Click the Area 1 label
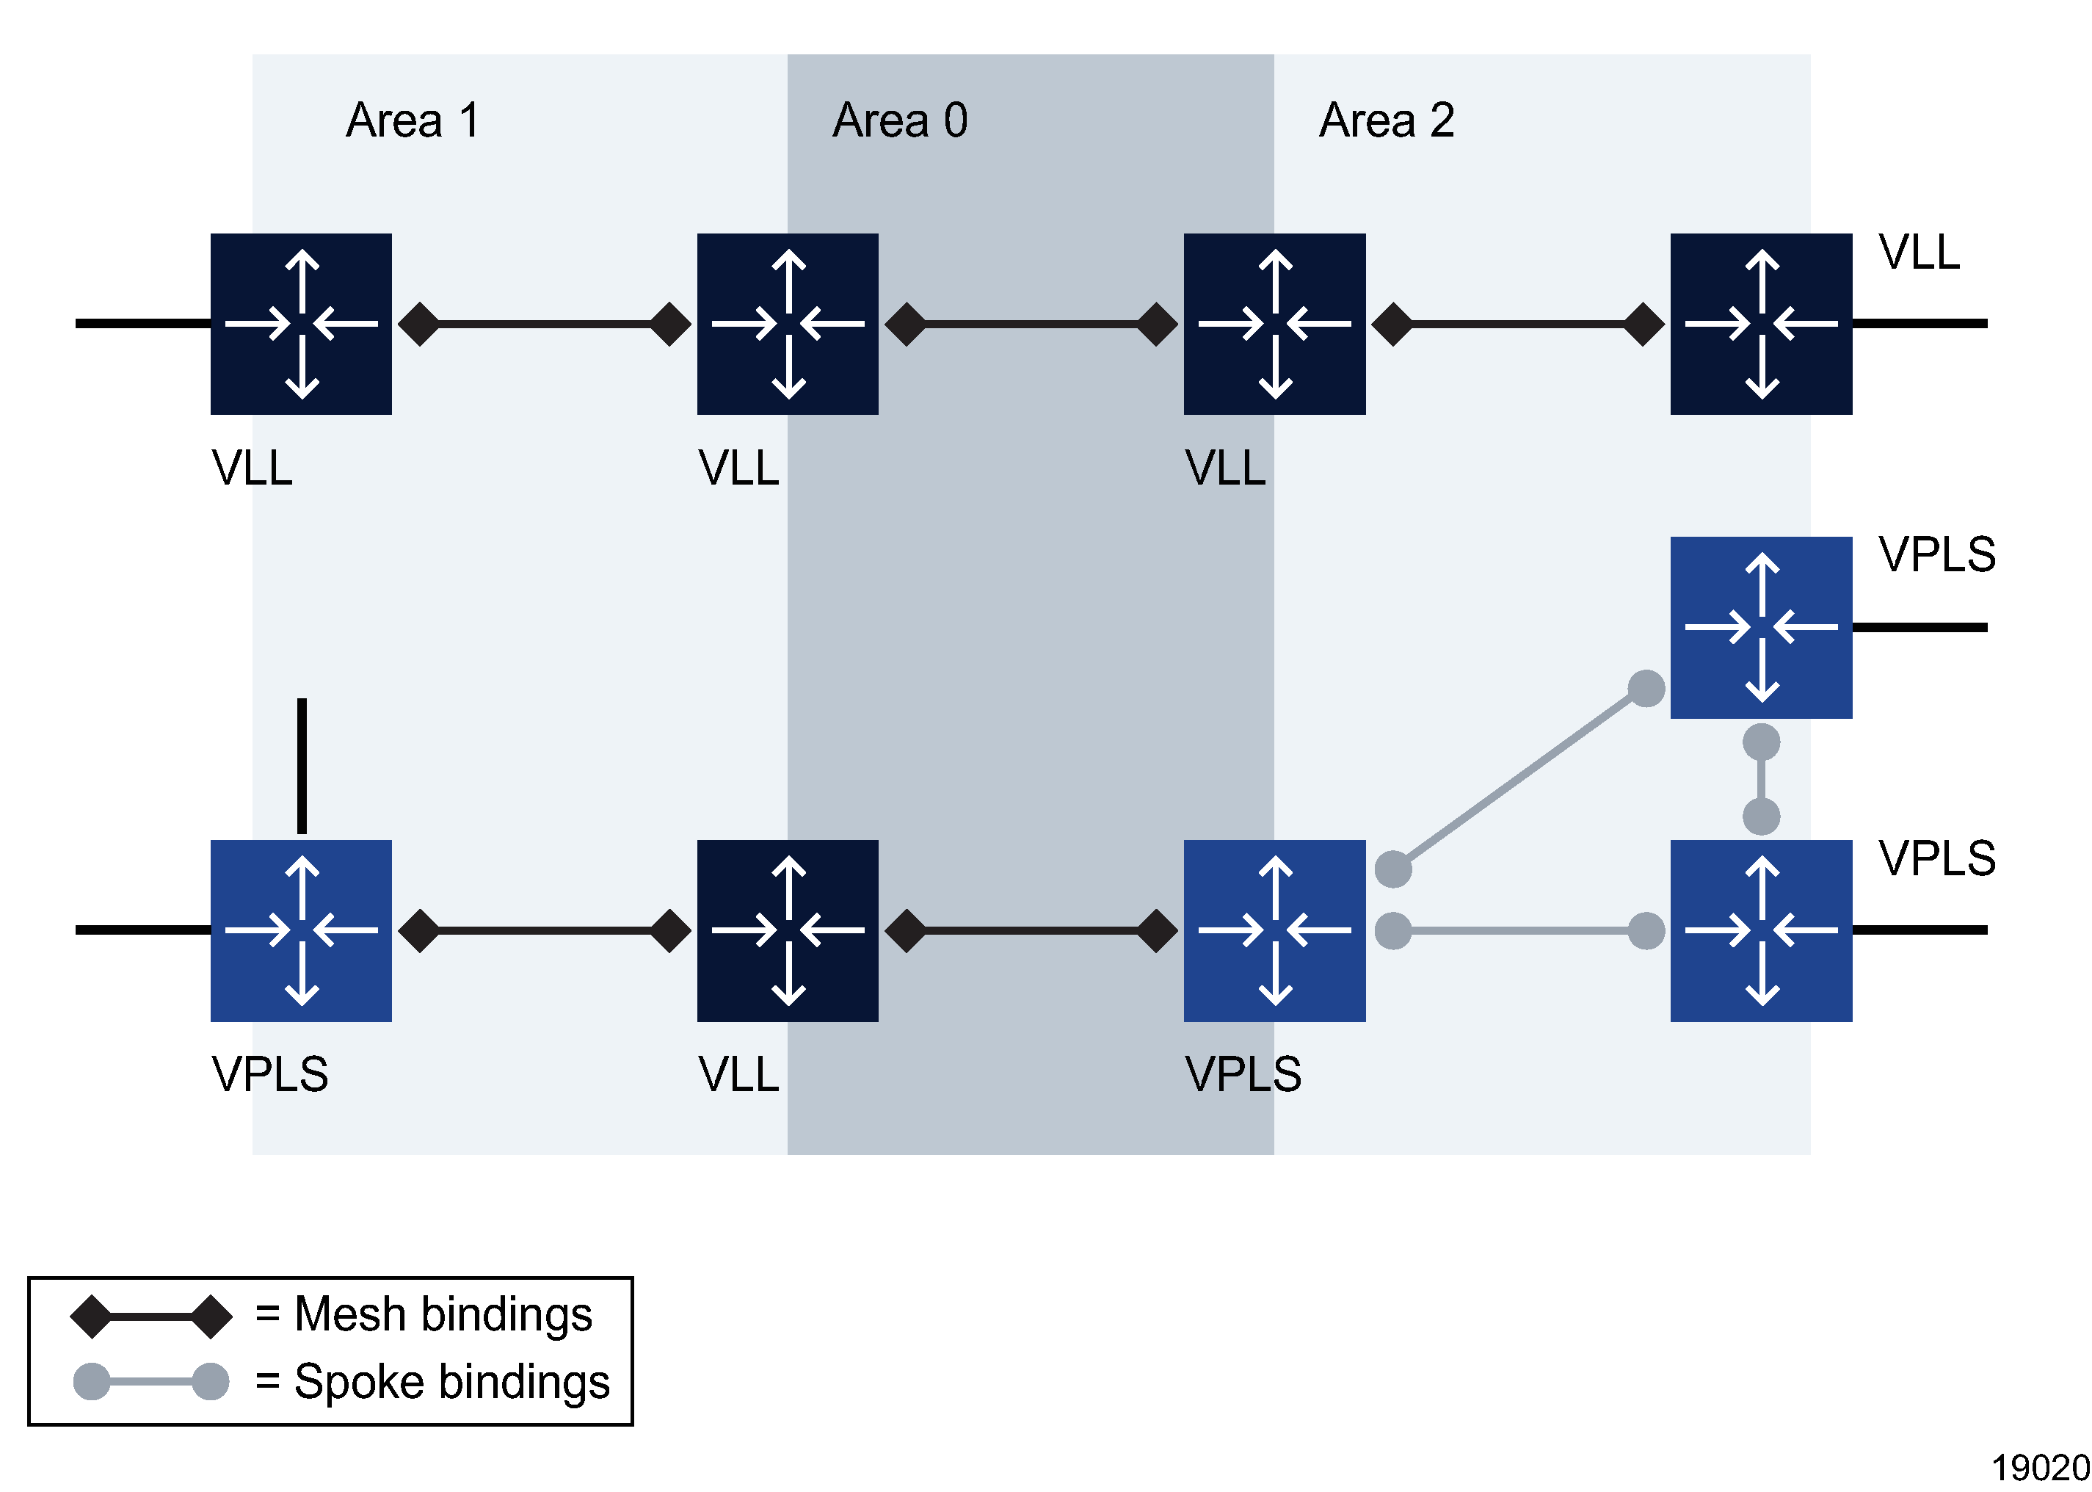[x=413, y=120]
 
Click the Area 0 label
[x=899, y=120]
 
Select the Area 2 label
[x=1386, y=120]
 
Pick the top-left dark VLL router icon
[x=301, y=325]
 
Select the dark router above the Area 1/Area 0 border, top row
[x=787, y=325]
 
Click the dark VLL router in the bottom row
[x=787, y=930]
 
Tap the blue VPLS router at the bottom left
[x=301, y=930]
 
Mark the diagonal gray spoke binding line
[x=1520, y=779]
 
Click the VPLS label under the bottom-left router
[x=269, y=1074]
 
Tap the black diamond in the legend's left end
[x=91, y=1317]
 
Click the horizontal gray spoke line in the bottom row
[x=1520, y=930]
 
